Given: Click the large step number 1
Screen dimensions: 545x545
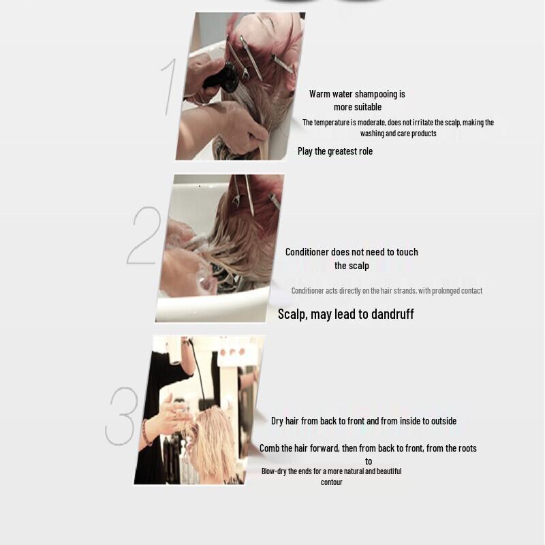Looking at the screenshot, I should point(170,87).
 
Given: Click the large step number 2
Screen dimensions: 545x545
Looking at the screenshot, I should point(144,236).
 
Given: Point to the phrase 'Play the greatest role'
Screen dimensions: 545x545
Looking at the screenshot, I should point(335,151).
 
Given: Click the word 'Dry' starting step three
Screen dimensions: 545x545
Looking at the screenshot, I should point(277,421).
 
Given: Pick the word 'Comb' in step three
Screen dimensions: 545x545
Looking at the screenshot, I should point(270,448).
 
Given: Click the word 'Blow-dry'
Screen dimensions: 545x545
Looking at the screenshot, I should point(275,471).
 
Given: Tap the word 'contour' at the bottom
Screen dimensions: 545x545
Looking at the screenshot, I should point(332,482).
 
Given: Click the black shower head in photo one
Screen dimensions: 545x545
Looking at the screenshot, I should point(228,74).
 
